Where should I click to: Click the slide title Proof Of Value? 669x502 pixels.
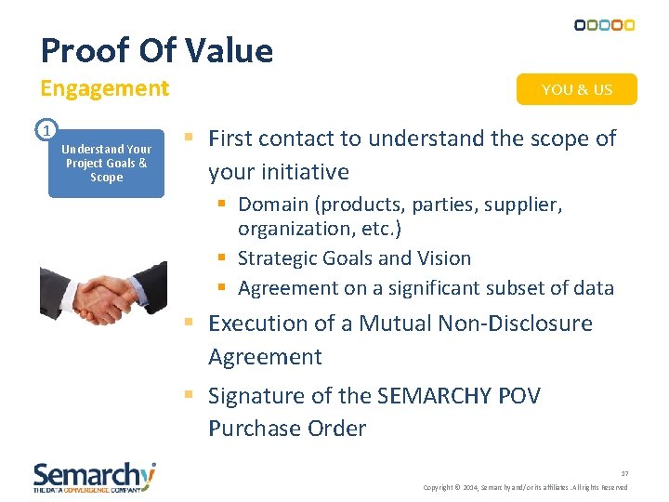point(157,50)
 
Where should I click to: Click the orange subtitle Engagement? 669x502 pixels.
point(104,89)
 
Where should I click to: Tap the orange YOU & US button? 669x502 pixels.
point(576,89)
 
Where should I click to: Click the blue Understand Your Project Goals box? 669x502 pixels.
point(106,164)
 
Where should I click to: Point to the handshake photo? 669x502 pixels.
point(97,292)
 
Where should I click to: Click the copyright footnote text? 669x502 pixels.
point(525,487)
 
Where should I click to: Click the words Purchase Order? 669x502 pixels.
point(287,429)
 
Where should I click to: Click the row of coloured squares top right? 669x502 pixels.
point(604,25)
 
